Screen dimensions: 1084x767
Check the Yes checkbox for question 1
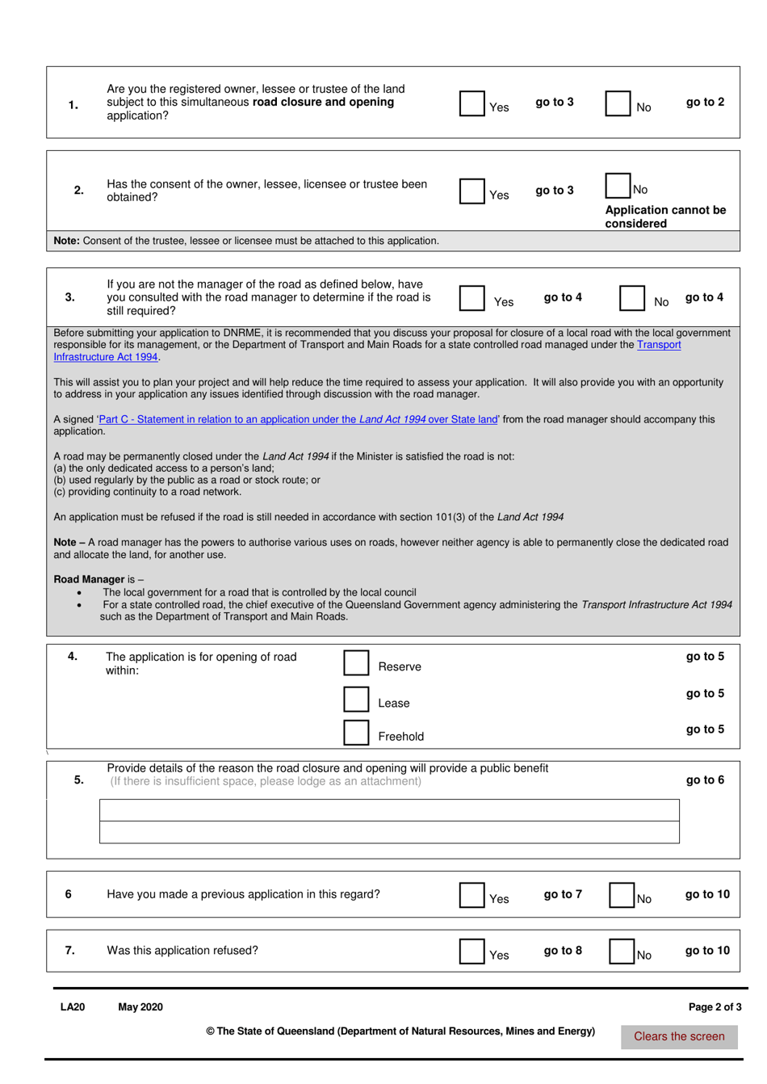[x=472, y=103]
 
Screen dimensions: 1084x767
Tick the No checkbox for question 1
[x=618, y=103]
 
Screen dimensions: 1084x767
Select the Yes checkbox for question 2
[x=472, y=191]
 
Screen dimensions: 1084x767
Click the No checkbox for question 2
[x=618, y=185]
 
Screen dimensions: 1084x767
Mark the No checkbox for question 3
[x=632, y=298]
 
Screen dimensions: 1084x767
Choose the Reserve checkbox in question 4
[x=356, y=663]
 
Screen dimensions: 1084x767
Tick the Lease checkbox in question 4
[x=356, y=700]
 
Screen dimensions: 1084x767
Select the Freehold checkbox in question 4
[x=356, y=733]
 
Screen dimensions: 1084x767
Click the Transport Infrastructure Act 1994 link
[x=106, y=357]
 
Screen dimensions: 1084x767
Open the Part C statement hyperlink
[x=297, y=419]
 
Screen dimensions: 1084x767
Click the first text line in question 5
[x=389, y=810]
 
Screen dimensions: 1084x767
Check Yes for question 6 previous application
[x=472, y=895]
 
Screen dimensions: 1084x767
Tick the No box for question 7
[x=622, y=952]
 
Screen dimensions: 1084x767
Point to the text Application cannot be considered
[x=664, y=216]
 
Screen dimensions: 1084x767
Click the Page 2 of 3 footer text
[x=715, y=1007]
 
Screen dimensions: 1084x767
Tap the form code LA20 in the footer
[x=73, y=1007]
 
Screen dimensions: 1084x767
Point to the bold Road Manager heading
[x=89, y=579]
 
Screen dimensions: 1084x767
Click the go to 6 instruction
[x=705, y=780]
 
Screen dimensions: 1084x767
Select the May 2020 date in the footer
[x=140, y=1007]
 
